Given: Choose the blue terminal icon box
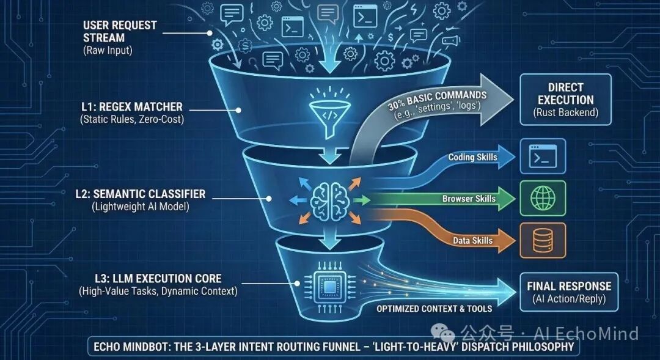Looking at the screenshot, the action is [x=542, y=156].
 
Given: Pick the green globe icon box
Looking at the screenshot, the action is [x=542, y=198].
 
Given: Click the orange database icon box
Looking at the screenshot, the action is [x=542, y=240].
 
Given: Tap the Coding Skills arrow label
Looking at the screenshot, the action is [x=472, y=157].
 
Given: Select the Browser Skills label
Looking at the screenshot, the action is [x=469, y=199].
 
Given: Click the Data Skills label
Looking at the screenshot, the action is [x=473, y=240].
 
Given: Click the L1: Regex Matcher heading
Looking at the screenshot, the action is [x=131, y=107].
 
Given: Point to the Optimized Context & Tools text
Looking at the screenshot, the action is [x=434, y=309].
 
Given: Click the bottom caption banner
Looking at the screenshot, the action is [x=334, y=347].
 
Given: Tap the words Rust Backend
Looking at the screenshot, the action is [x=566, y=112].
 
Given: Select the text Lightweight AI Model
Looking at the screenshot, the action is [x=140, y=207].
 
